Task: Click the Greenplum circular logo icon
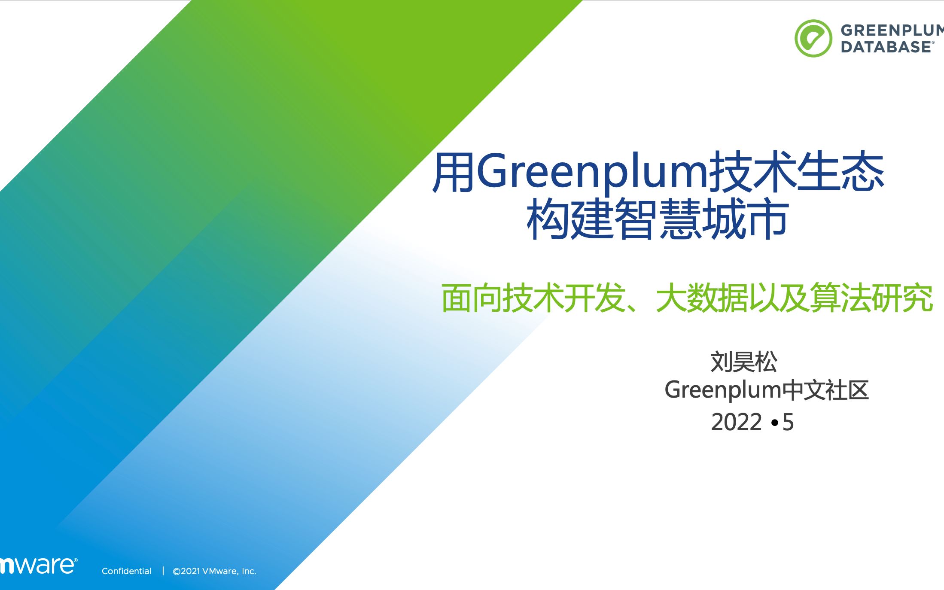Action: click(x=813, y=38)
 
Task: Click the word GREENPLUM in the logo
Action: click(x=892, y=30)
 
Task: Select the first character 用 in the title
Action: click(x=454, y=172)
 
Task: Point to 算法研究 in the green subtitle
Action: click(x=872, y=298)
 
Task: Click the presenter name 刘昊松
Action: click(x=744, y=362)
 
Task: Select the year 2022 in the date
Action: click(x=736, y=422)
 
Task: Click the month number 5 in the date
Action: click(x=788, y=422)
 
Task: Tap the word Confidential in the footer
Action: click(x=127, y=571)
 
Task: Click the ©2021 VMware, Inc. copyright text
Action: click(x=214, y=571)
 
